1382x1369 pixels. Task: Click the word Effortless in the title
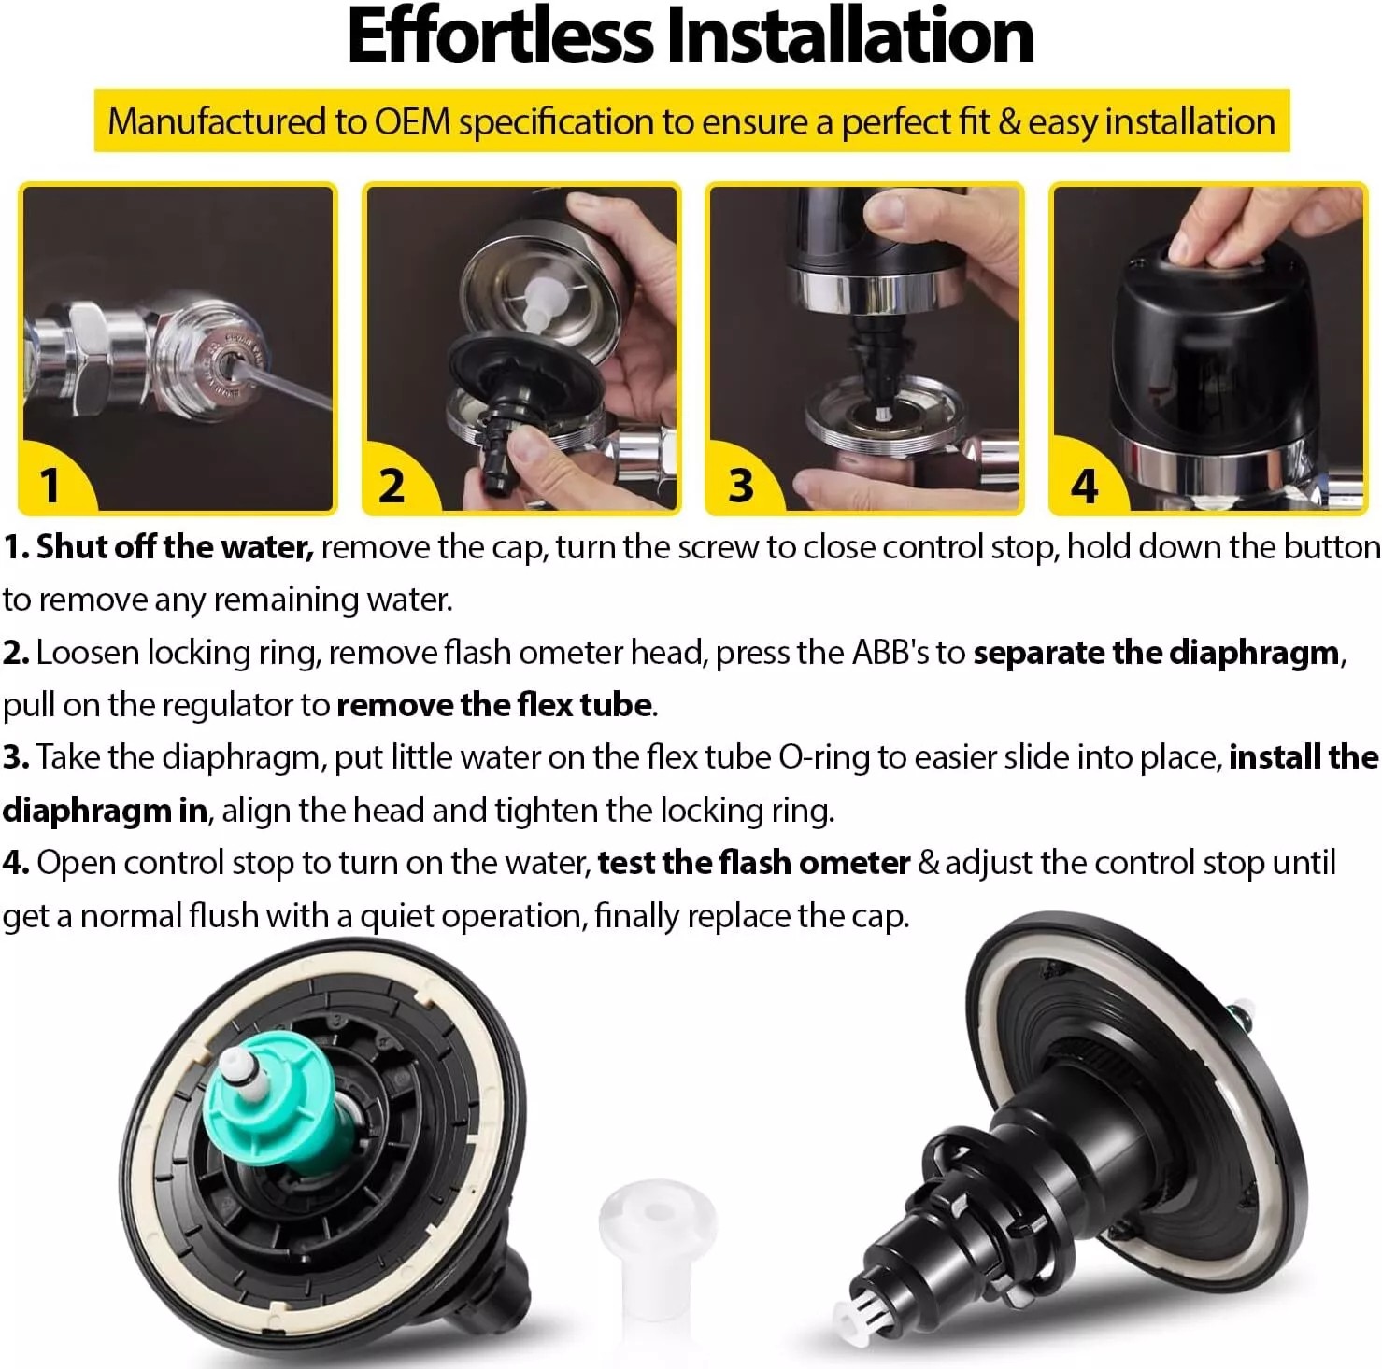pyautogui.click(x=500, y=37)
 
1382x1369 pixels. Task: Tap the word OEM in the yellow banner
pyautogui.click(x=412, y=122)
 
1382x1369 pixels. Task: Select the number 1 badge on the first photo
pyautogui.click(x=50, y=485)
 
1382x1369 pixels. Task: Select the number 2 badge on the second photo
pyautogui.click(x=392, y=486)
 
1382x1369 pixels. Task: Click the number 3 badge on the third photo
pyautogui.click(x=740, y=486)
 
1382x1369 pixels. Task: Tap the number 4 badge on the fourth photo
pyautogui.click(x=1083, y=486)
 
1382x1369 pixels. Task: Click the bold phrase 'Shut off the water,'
pyautogui.click(x=174, y=547)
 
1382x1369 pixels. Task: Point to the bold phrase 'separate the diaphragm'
pyautogui.click(x=1156, y=653)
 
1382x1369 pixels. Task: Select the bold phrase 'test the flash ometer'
pyautogui.click(x=753, y=863)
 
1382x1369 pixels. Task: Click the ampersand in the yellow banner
pyautogui.click(x=1009, y=122)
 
